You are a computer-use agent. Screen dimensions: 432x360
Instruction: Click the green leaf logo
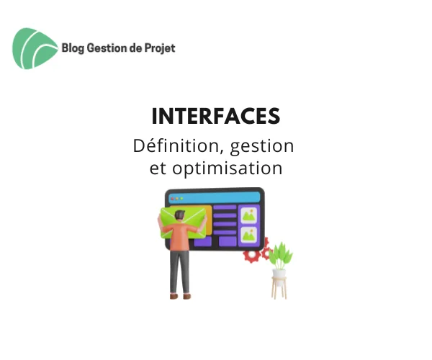[x=33, y=48]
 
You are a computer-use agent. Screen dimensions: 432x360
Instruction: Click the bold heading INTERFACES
[x=216, y=116]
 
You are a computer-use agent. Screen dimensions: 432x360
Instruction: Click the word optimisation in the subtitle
[x=228, y=168]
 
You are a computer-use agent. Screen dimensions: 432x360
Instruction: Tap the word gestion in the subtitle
[x=262, y=147]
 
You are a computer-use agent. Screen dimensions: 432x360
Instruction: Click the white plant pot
[x=279, y=274]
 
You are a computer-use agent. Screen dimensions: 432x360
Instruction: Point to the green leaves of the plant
[x=281, y=255]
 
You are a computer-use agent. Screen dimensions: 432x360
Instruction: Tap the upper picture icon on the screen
[x=249, y=215]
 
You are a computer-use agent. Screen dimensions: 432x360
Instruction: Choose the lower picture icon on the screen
[x=249, y=235]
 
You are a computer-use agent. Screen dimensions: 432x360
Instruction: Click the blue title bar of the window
[x=215, y=198]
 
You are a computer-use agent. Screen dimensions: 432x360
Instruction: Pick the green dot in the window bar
[x=182, y=199]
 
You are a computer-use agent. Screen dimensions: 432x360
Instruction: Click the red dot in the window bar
[x=173, y=199]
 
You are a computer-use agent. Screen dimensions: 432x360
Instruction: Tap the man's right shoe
[x=187, y=297]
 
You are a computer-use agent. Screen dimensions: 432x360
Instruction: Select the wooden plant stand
[x=279, y=288]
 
